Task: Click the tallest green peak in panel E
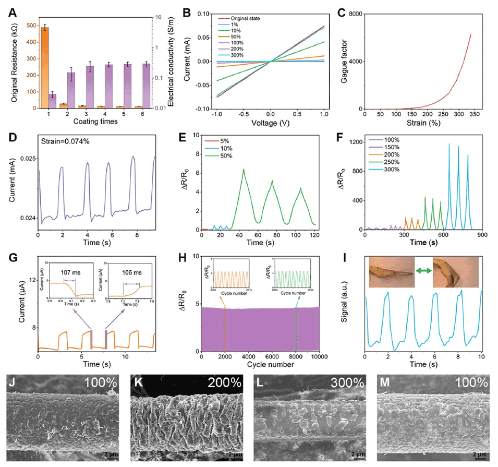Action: (242, 170)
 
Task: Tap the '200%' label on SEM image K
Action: (222, 384)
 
